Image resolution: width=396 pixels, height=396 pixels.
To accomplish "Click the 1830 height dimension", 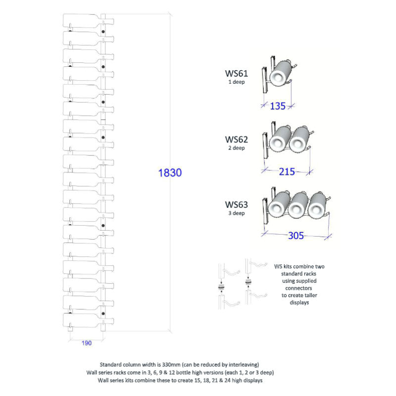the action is (170, 173).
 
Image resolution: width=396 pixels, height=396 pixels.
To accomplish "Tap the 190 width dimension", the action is (86, 343).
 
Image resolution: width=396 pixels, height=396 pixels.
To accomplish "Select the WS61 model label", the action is (237, 73).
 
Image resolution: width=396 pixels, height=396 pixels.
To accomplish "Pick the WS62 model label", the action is (237, 140).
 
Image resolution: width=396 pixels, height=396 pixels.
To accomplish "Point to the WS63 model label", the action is (237, 204).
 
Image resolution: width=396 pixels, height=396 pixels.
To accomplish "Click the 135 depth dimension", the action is (278, 106).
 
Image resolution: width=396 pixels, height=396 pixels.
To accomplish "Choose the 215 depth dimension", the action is (287, 172).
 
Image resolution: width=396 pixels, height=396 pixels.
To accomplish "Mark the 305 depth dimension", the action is (296, 236).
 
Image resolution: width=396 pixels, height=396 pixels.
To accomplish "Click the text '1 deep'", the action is (237, 82).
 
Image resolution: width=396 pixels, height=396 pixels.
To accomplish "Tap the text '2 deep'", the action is (237, 148).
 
